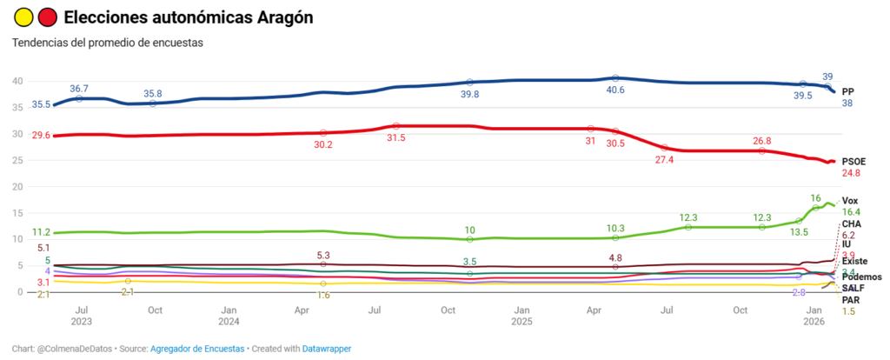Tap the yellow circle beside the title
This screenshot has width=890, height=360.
click(x=22, y=17)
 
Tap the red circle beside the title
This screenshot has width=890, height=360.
click(x=48, y=17)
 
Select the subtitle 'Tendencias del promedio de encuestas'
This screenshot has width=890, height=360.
click(x=107, y=43)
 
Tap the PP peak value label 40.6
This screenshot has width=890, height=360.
click(x=615, y=90)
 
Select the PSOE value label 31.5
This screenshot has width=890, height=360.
click(x=396, y=137)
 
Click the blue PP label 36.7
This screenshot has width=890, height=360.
click(x=79, y=89)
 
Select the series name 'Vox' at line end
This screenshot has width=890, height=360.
click(x=850, y=201)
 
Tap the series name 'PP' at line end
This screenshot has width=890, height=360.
click(x=848, y=91)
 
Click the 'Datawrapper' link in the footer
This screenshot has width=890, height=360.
click(x=327, y=349)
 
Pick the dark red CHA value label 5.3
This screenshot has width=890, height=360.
click(x=323, y=255)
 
